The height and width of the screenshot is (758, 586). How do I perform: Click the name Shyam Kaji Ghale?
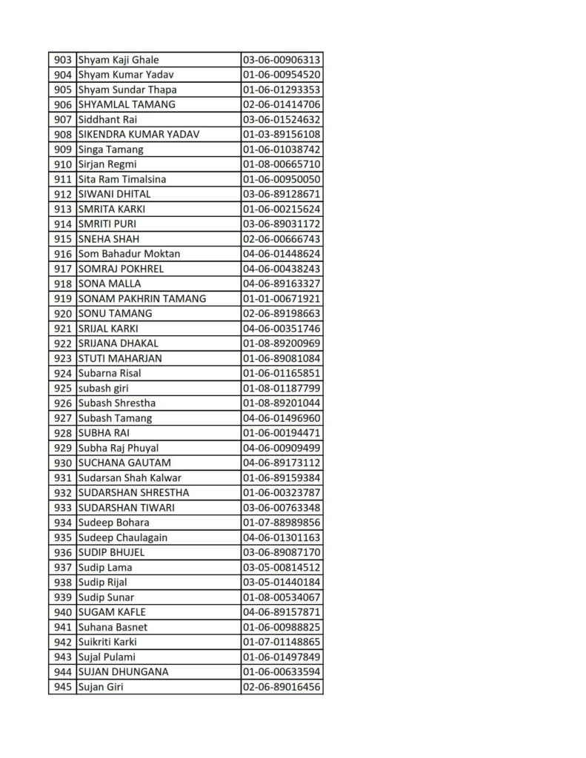[119, 60]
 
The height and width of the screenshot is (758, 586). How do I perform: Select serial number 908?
[63, 135]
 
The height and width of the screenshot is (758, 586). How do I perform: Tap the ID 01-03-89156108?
[281, 135]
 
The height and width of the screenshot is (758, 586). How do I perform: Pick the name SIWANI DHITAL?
[115, 194]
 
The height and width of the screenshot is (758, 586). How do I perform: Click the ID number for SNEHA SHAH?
[281, 239]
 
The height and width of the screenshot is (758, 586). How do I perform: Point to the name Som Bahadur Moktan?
[129, 254]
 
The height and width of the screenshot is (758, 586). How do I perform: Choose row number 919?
[63, 298]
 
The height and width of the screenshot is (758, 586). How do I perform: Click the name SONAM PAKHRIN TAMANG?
[141, 298]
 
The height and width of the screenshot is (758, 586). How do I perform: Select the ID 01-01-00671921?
[281, 298]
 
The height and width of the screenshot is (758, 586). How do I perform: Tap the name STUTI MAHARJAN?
[120, 358]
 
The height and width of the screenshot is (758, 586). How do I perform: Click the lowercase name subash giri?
[104, 388]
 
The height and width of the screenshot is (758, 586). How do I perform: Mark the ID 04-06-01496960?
[281, 418]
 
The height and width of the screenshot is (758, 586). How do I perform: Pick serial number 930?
[63, 463]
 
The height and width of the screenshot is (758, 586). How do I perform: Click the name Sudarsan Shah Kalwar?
[130, 477]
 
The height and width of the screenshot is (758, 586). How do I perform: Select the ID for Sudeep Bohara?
[281, 523]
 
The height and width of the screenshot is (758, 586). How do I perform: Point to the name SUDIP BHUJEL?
[111, 552]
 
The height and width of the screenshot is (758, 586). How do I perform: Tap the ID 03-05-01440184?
[281, 582]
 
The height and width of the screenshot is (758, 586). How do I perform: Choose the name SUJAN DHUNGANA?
[123, 671]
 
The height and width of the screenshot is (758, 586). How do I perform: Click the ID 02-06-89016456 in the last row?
[281, 687]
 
